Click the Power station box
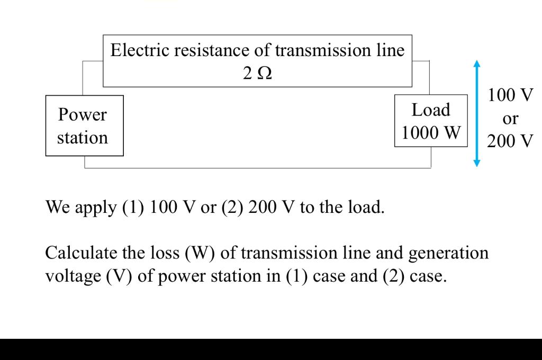click(84, 126)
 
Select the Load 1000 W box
click(431, 121)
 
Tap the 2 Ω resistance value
click(257, 74)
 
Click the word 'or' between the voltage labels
click(510, 119)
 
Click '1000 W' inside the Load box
click(431, 132)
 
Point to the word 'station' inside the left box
click(83, 138)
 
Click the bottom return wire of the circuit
click(258, 168)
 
